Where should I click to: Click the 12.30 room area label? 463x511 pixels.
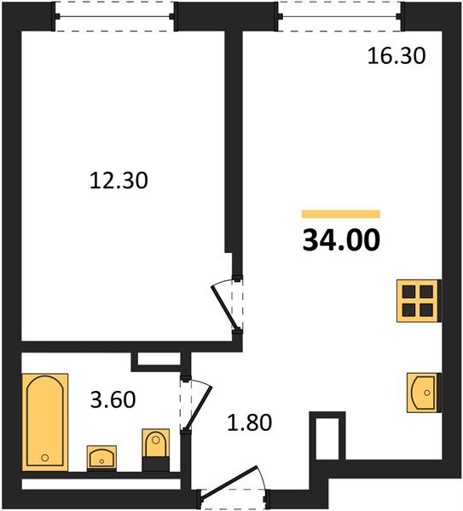pyautogui.click(x=119, y=181)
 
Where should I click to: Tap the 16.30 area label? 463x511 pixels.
pyautogui.click(x=396, y=57)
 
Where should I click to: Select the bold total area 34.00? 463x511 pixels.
pyautogui.click(x=341, y=241)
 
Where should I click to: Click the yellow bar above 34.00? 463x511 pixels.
pyautogui.click(x=341, y=215)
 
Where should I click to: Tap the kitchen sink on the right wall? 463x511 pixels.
pyautogui.click(x=421, y=393)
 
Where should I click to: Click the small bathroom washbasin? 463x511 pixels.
pyautogui.click(x=102, y=456)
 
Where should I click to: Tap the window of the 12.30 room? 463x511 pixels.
pyautogui.click(x=115, y=17)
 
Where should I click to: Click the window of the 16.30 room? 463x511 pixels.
pyautogui.click(x=339, y=17)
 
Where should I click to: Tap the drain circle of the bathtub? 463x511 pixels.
pyautogui.click(x=42, y=459)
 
